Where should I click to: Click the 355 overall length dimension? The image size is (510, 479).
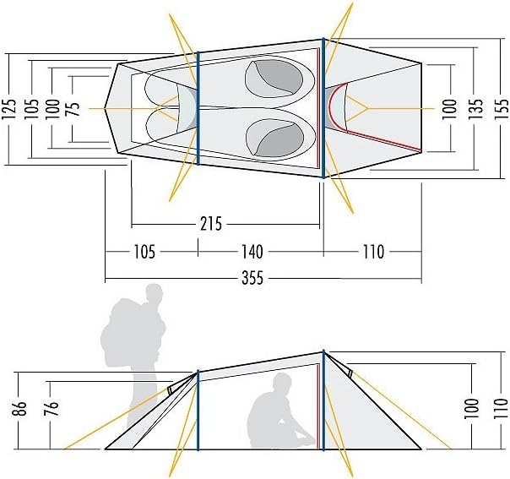252,279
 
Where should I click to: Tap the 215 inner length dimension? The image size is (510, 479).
211,224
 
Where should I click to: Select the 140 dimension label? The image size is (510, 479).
252,252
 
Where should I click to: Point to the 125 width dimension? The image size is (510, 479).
10,109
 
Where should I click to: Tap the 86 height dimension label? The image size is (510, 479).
19,408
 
